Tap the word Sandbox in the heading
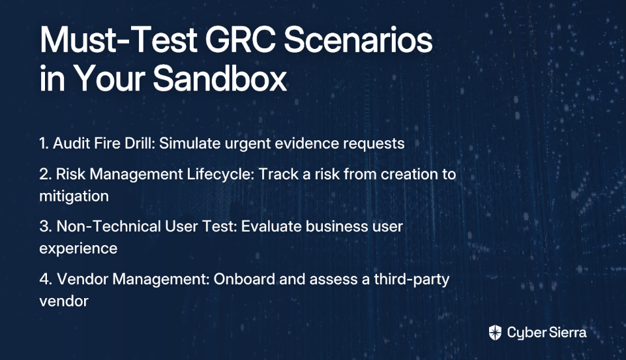tap(220, 78)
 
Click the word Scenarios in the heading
tap(358, 40)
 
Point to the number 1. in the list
tap(44, 143)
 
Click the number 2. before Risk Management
tap(45, 174)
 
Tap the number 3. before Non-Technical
tap(46, 226)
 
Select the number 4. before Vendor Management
tap(46, 279)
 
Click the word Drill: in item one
tap(140, 143)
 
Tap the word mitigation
tap(74, 196)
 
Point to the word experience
tap(78, 248)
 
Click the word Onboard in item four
tap(245, 279)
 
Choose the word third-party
tap(411, 279)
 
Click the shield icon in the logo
tap(495, 333)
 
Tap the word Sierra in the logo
tap(567, 333)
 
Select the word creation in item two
tap(410, 174)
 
